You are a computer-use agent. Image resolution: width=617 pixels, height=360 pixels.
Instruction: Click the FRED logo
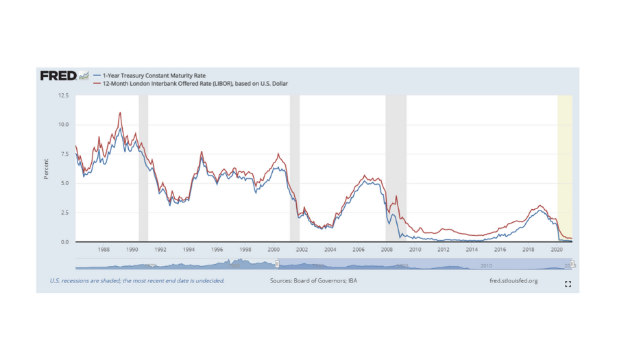coord(58,75)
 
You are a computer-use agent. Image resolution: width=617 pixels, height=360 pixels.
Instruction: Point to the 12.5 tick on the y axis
coord(63,95)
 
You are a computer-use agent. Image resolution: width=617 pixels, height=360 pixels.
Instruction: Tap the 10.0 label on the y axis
coord(63,125)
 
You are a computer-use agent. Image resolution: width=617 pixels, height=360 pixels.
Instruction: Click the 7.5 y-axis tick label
coord(64,154)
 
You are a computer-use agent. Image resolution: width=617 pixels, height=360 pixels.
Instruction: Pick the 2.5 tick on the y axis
coord(64,213)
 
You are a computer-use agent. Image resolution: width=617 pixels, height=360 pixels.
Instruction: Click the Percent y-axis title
coord(47,169)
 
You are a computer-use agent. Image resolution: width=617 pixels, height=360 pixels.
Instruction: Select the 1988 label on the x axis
coord(104,250)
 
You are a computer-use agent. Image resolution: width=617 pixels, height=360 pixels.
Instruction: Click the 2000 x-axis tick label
coord(274,250)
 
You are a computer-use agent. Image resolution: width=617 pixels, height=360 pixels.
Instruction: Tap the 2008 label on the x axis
coord(387,250)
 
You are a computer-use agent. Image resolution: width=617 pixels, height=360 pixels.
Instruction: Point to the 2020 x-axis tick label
coord(557,250)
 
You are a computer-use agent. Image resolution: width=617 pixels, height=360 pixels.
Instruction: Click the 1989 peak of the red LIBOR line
coord(120,113)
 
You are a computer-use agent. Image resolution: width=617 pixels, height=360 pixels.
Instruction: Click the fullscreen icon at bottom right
coord(568,284)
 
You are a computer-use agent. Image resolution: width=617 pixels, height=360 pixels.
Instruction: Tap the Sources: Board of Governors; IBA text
coord(313,280)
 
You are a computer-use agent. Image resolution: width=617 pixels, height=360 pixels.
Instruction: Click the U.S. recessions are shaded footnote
coord(137,280)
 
